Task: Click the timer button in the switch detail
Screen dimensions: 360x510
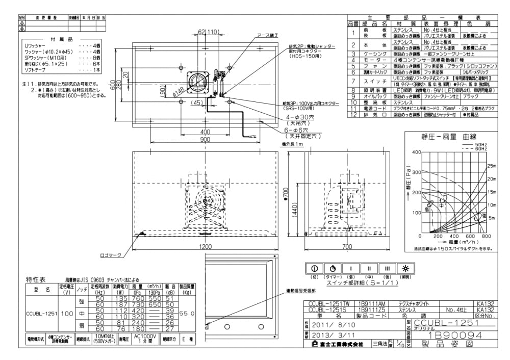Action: tap(333, 268)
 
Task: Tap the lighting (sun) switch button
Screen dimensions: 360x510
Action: tap(405, 268)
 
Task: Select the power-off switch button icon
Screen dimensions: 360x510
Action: tap(314, 268)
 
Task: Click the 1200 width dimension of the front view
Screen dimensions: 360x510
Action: tap(206, 247)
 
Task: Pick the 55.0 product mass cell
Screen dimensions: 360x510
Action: tap(189, 314)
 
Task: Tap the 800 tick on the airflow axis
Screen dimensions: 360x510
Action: tap(486, 237)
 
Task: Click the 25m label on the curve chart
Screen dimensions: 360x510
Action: tap(491, 166)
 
